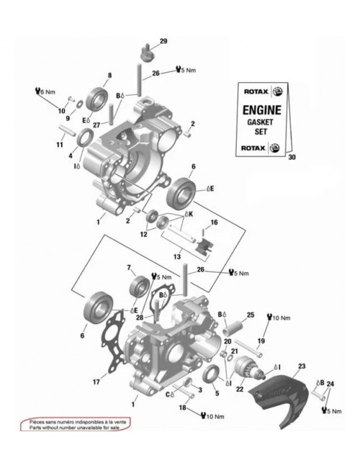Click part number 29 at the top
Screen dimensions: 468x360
(163, 41)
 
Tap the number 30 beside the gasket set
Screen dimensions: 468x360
(292, 157)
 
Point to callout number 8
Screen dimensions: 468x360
(109, 75)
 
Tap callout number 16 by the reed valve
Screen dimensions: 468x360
(214, 222)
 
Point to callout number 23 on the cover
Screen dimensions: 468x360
(301, 366)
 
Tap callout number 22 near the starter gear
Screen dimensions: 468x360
(240, 390)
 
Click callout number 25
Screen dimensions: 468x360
(251, 315)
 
